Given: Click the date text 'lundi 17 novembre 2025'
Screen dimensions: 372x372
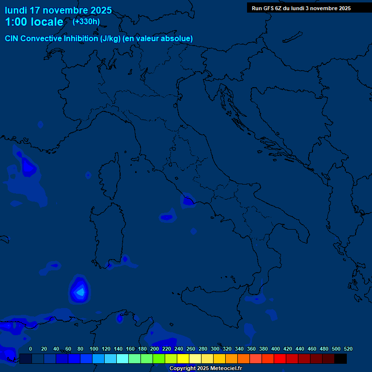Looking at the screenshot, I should pos(58,10).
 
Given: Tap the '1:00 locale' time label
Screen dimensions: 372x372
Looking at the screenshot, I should pos(34,22).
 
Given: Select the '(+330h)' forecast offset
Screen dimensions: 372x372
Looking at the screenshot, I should pos(86,21).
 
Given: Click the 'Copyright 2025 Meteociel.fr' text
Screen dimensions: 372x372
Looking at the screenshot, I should pos(205,369).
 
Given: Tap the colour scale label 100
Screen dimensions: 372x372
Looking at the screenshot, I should pos(94,349).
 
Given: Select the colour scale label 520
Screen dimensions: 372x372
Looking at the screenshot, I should pos(348,349).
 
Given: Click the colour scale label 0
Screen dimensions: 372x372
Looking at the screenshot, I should pos(31,349).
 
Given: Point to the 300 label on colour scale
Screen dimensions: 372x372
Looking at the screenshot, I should pos(215,349).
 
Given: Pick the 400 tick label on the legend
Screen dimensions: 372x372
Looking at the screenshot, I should pos(276,349).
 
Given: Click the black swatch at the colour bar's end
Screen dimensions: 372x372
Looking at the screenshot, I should pos(341,358).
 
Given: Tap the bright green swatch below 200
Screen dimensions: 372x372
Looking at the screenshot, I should pos(159,358).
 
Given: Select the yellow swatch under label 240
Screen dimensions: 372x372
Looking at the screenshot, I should pos(183,358).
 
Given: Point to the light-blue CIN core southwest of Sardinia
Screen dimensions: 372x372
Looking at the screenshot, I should pos(80,291).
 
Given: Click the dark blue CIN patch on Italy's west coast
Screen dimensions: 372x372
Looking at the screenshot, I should pos(187,200).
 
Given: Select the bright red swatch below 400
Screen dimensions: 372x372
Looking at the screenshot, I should pos(280,358).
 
